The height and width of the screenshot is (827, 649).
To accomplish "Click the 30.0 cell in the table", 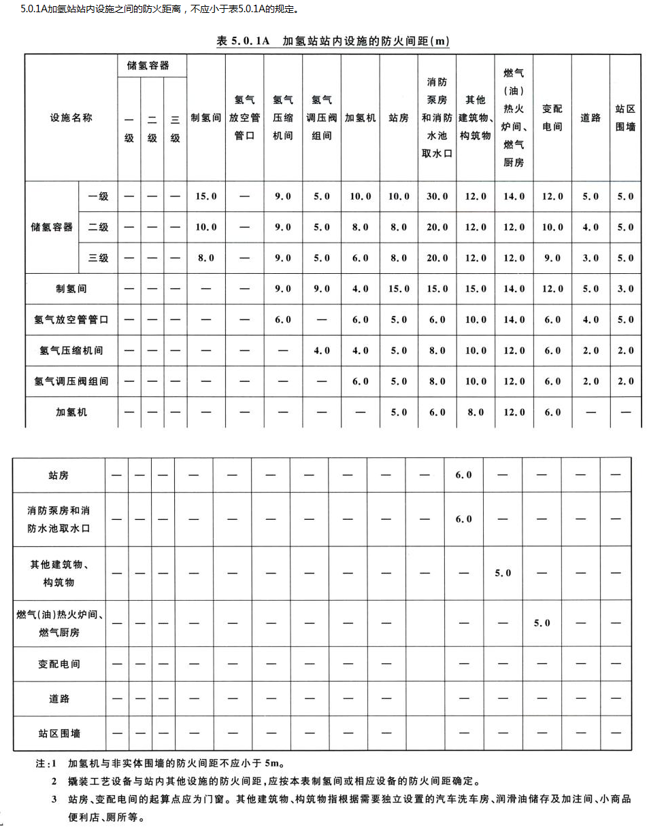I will [437, 196].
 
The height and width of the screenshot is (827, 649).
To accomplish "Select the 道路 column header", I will [590, 118].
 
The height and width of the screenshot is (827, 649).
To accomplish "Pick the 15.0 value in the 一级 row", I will [205, 196].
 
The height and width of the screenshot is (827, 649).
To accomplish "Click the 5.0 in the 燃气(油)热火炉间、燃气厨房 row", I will [542, 622].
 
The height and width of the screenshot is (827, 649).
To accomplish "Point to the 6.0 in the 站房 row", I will [463, 475].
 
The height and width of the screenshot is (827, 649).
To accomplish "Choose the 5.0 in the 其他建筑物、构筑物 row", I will [503, 573].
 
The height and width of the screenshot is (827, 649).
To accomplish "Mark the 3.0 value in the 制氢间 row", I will [625, 289].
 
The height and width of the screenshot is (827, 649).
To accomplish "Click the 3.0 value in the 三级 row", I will [590, 258].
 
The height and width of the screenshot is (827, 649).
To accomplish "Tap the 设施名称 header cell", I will [71, 118].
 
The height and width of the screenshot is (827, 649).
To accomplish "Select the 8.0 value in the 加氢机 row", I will [476, 412].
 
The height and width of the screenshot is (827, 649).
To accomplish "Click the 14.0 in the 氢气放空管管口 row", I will [514, 319].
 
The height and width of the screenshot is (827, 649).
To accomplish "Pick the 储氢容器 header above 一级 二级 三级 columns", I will [148, 65].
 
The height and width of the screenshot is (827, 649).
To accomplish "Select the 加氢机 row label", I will [71, 412].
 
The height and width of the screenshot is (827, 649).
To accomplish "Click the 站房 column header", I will [399, 118].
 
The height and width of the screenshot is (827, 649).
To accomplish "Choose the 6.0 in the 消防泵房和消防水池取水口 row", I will [463, 518].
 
